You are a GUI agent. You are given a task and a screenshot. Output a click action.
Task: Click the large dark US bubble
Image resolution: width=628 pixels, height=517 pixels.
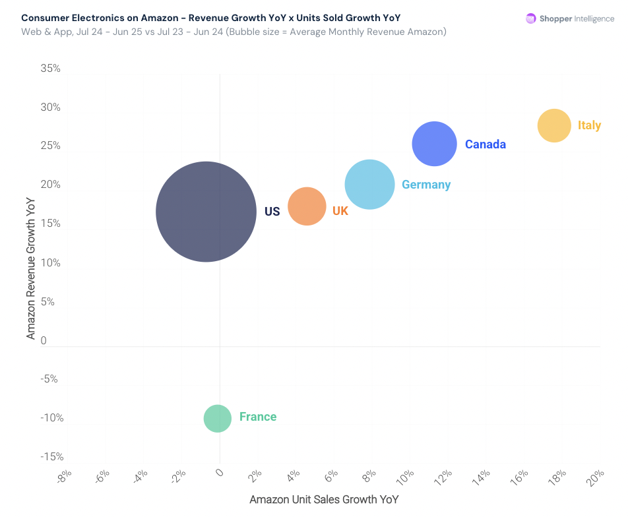click(206, 212)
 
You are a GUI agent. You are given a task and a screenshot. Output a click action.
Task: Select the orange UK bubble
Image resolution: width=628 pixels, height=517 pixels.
click(307, 206)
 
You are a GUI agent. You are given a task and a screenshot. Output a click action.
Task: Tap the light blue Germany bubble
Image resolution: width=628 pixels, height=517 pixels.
click(369, 185)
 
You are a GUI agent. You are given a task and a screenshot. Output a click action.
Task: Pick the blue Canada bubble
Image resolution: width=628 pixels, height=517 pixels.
click(434, 144)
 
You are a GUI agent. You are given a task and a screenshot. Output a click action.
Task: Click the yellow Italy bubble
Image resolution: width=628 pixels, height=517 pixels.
click(554, 125)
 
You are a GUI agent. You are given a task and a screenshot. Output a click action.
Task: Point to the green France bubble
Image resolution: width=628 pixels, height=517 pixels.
click(217, 418)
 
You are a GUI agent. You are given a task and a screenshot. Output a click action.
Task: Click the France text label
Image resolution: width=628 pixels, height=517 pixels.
click(258, 417)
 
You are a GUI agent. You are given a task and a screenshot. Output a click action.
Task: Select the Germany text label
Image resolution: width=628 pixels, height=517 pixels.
click(426, 185)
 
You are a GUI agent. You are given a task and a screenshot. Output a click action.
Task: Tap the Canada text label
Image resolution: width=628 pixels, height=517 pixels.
click(486, 144)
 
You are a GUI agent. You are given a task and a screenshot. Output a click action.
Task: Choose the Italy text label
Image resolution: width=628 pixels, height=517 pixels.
click(589, 125)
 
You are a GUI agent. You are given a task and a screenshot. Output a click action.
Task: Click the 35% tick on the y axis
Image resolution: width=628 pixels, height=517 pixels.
click(50, 68)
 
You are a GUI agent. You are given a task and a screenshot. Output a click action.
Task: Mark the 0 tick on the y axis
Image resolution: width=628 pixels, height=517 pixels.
click(44, 340)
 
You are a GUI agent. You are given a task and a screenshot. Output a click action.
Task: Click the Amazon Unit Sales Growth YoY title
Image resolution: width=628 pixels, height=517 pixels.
click(324, 499)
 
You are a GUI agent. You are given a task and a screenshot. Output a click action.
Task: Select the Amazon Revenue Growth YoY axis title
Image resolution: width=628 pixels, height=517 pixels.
click(30, 268)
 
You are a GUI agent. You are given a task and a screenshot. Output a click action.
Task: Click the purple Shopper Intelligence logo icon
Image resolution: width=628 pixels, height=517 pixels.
click(530, 18)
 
